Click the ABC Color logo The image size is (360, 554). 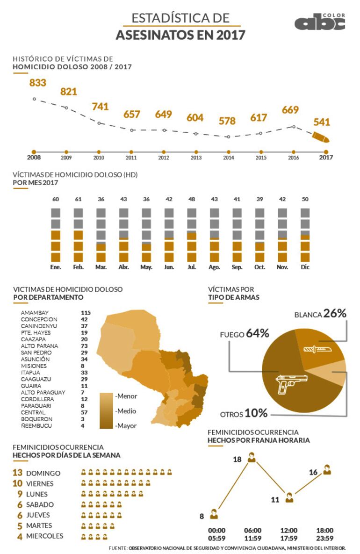pos(319,22)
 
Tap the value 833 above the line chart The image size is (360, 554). pos(38,83)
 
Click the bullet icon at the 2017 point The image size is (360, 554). pos(321,137)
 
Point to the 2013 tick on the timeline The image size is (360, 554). pos(196,152)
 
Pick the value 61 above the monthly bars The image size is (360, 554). pos(79,200)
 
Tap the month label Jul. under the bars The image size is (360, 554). pos(192,267)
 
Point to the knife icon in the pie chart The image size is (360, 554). pos(313,349)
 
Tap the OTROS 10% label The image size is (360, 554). pos(244,414)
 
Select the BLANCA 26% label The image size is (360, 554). pos(320,314)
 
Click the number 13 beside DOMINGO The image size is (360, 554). pos(18,473)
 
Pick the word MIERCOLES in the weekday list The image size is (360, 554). pos(45,536)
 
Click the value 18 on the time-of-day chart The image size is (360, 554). pos(237,460)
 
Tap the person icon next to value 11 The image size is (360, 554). pos(289,497)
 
